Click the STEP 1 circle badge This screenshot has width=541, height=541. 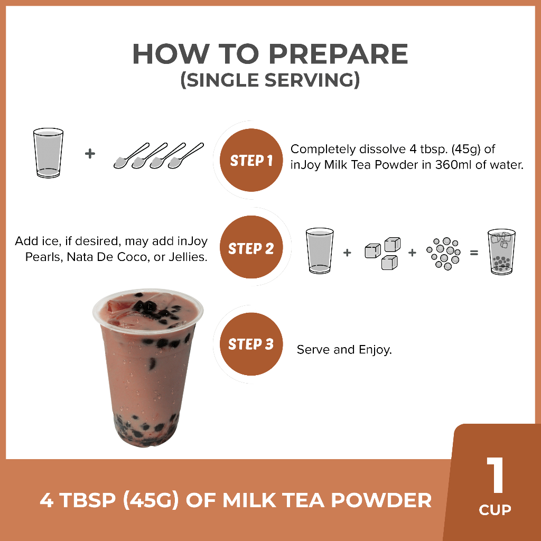coord(251,160)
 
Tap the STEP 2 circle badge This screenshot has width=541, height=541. coord(251,247)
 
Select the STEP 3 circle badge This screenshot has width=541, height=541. coord(251,344)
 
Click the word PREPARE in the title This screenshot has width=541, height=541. coord(338,54)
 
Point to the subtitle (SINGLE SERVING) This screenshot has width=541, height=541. coord(270,80)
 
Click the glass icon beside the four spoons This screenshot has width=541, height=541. coord(48,153)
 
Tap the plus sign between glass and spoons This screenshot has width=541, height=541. coord(90,154)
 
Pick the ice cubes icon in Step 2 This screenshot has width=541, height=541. coord(383,253)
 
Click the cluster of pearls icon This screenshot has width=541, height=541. coord(444,253)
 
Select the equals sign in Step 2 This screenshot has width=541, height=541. coord(474,253)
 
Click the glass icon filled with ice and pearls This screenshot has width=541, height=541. coord(501,252)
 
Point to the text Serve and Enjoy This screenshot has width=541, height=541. coord(344,350)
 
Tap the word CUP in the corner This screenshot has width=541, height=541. coord(495,510)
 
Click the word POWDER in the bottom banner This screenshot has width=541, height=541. coord(381,500)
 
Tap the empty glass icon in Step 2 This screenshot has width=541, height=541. coord(320,251)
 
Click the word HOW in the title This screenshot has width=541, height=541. coord(171,54)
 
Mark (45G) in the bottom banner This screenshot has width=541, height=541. coord(151,500)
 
